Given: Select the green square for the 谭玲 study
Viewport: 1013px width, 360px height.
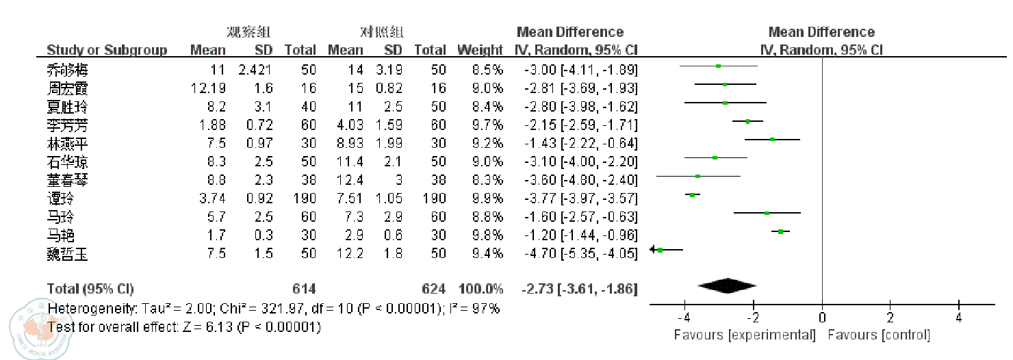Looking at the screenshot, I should [693, 195].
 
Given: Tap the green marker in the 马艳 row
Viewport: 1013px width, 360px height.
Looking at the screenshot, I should [780, 232].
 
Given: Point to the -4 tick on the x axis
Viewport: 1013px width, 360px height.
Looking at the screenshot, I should [684, 318].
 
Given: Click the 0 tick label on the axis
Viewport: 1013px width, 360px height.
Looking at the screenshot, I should [821, 318].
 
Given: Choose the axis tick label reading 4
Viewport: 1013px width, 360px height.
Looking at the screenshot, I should [959, 318].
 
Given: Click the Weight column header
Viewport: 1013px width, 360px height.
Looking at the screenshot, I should [480, 50].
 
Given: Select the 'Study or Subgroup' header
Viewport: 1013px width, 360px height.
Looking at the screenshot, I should [107, 50].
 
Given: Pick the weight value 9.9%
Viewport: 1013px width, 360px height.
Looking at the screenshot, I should [489, 198].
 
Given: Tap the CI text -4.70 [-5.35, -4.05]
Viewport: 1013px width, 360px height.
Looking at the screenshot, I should [576, 254].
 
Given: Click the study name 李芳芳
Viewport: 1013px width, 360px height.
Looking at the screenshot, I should [67, 125].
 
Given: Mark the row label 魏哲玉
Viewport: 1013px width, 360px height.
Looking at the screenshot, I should [67, 254].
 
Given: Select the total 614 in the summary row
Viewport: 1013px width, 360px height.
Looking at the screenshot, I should [304, 288].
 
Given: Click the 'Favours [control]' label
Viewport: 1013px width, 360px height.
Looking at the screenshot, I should [879, 335].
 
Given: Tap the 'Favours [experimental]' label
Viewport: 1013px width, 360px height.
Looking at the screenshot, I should [745, 335].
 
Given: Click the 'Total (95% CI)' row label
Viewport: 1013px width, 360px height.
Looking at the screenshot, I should [90, 288].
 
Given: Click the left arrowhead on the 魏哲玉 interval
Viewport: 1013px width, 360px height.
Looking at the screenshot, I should [652, 250].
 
